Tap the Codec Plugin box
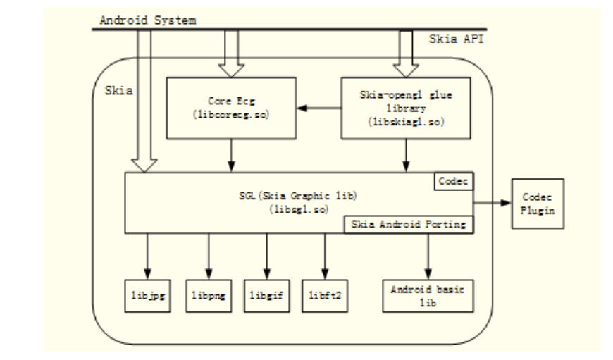tap(538, 204)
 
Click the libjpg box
tap(147, 295)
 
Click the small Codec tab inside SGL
tap(453, 181)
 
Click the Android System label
tap(147, 20)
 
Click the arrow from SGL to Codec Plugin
tap(493, 203)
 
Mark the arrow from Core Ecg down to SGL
tap(231, 154)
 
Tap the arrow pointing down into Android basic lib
tap(428, 257)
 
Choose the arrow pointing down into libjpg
tap(147, 257)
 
